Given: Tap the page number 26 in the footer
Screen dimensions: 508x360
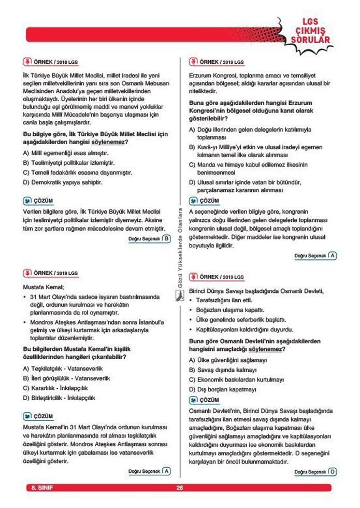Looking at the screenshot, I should click(x=180, y=487).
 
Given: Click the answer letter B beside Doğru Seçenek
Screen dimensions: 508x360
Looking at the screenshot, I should click(x=166, y=238).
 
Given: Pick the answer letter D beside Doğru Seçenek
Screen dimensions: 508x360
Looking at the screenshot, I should click(x=332, y=471).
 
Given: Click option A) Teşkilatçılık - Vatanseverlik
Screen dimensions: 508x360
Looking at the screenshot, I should click(x=66, y=369).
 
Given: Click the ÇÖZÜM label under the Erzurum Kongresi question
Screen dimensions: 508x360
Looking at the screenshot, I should click(x=209, y=201).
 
